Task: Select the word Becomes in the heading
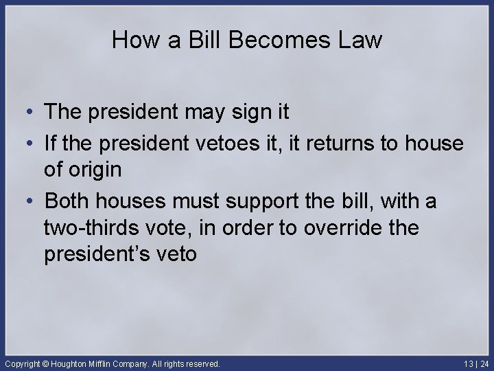point(261,41)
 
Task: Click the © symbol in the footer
point(47,363)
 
